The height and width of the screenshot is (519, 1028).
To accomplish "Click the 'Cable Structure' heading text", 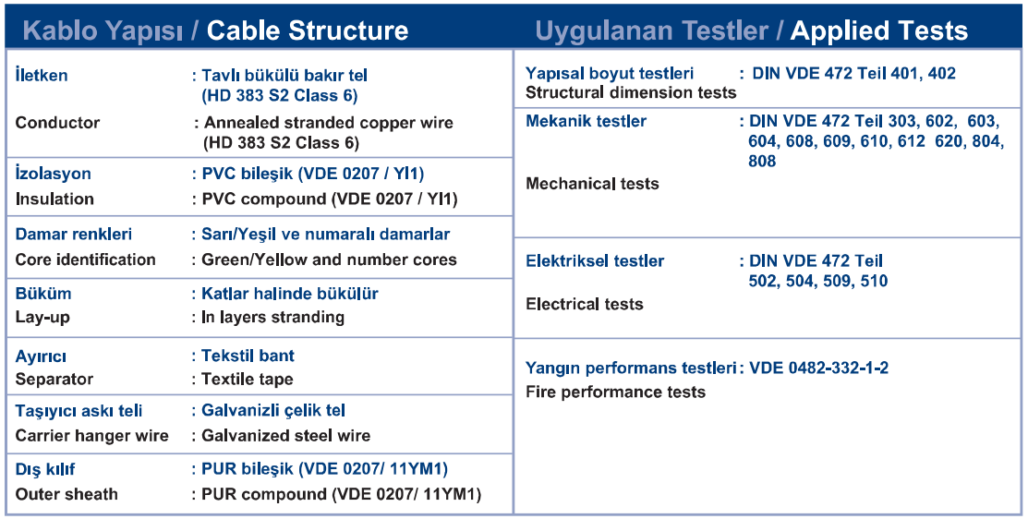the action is click(x=308, y=30).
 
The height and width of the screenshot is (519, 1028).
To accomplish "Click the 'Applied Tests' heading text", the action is click(x=879, y=30).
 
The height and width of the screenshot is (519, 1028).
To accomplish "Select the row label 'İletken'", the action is click(x=42, y=75).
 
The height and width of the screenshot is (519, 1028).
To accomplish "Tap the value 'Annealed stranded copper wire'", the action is click(x=329, y=123).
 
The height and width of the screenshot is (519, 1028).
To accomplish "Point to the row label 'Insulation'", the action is click(x=54, y=199).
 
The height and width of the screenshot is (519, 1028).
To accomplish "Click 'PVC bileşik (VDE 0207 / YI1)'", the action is click(x=313, y=174).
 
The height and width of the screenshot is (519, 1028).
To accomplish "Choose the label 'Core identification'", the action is click(x=85, y=259).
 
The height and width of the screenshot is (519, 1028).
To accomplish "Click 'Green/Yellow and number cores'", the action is click(x=329, y=259).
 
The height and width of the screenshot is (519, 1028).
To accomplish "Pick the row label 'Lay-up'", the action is click(x=42, y=317).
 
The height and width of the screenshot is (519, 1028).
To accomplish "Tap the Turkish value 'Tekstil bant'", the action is click(x=248, y=356).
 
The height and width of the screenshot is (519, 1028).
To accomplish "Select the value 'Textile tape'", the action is click(x=248, y=379).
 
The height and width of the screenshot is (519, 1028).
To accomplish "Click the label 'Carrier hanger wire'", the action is click(x=91, y=436).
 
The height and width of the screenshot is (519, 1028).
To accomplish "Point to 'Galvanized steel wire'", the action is click(x=285, y=436).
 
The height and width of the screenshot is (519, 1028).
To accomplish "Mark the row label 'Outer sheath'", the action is click(x=67, y=494).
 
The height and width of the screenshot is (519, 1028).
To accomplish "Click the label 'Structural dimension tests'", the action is click(x=631, y=92).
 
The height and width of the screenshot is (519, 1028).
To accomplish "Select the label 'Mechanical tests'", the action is click(x=592, y=184).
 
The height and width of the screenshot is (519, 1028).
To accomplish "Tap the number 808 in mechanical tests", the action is click(x=762, y=162).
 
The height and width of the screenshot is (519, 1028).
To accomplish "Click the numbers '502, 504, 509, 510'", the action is click(x=818, y=281).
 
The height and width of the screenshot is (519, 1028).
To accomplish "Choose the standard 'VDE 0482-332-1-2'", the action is click(x=819, y=368).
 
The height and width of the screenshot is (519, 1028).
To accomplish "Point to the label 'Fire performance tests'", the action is click(x=616, y=392).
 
